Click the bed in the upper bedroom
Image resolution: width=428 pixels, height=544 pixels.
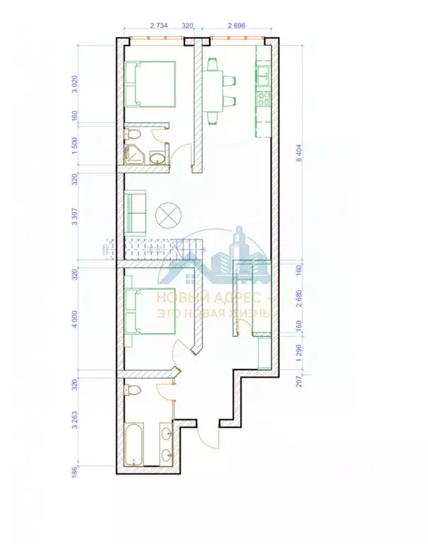click(150, 84)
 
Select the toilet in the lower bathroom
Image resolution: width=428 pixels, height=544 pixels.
click(133, 390)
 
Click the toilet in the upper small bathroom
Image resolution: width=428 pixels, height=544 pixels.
click(133, 134)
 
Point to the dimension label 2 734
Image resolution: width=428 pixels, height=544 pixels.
click(159, 25)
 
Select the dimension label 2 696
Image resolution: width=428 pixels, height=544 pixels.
click(237, 25)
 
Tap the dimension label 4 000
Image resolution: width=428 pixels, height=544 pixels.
click(76, 320)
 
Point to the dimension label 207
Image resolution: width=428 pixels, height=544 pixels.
click(301, 381)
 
